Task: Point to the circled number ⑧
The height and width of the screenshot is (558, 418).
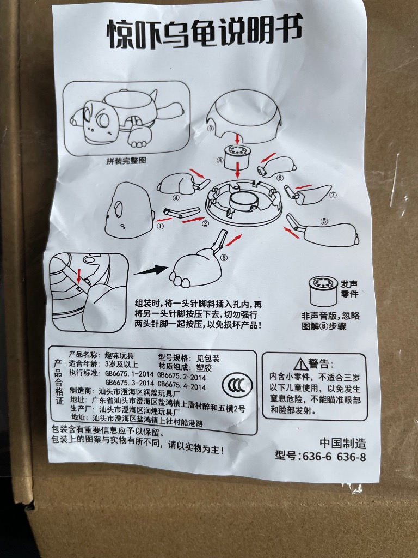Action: tap(220, 161)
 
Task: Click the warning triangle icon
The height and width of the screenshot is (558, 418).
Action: tap(300, 363)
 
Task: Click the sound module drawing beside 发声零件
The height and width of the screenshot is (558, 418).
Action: tap(322, 292)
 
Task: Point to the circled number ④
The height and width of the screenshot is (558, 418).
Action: tap(176, 198)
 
